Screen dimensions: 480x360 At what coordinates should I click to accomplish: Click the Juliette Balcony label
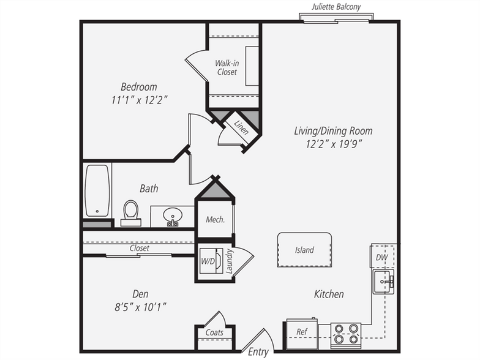(x=336, y=7)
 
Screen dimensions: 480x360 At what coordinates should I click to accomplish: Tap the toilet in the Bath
(x=131, y=213)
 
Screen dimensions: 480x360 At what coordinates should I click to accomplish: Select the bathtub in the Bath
(x=97, y=191)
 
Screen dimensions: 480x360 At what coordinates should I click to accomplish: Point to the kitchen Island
(x=305, y=250)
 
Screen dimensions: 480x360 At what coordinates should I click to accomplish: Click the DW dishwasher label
(x=382, y=257)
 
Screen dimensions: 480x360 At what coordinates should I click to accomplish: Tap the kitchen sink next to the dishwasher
(x=383, y=282)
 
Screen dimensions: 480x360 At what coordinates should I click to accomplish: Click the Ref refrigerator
(x=302, y=334)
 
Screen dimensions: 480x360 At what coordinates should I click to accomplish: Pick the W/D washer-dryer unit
(x=211, y=261)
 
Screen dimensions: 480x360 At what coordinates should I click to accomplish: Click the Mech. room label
(x=216, y=219)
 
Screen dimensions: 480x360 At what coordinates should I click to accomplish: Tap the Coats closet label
(x=214, y=332)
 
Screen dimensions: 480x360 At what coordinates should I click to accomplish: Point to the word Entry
(x=258, y=352)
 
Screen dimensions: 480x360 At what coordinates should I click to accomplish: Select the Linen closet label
(x=241, y=127)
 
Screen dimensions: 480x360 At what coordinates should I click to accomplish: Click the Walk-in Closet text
(x=227, y=67)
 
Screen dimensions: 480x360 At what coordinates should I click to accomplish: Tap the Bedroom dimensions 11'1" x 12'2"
(x=140, y=100)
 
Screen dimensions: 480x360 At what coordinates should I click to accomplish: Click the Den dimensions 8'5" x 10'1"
(x=141, y=307)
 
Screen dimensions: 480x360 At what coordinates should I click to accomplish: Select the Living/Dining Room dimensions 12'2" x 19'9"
(x=334, y=144)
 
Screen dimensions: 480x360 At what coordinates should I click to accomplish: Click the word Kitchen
(x=329, y=294)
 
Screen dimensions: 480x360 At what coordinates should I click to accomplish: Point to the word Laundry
(x=229, y=261)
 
